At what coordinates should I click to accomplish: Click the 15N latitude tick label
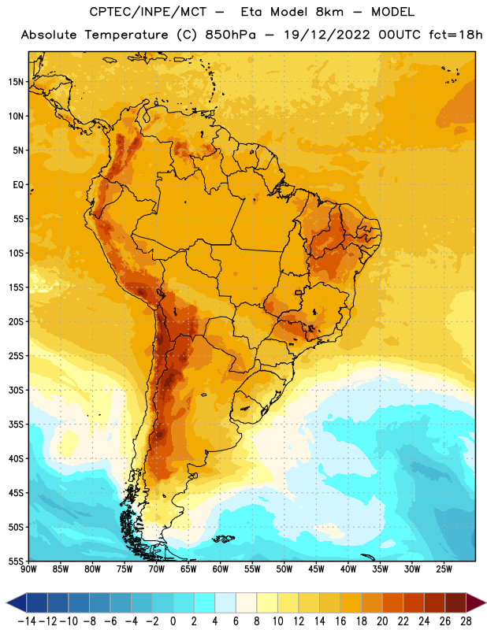16,82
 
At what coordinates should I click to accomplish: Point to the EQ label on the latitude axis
18,185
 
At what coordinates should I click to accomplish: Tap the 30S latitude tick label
16,390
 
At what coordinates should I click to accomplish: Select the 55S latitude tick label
16,561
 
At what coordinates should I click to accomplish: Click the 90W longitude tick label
28,569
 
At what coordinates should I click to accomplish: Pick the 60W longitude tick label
221,569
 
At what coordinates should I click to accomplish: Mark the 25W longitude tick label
444,569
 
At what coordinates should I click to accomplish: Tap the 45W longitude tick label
316,569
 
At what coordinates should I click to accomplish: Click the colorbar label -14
27,621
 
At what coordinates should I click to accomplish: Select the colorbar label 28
466,621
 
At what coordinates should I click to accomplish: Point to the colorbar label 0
173,621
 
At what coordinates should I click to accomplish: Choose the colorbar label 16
340,621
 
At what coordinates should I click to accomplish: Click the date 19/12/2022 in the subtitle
326,35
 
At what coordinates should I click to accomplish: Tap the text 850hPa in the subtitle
230,35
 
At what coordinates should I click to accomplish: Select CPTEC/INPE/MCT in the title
147,12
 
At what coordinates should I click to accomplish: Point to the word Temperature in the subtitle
126,35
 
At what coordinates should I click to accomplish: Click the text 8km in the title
329,12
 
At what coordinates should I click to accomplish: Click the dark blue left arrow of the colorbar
17,603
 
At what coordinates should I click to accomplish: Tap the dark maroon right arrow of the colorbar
476,603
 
